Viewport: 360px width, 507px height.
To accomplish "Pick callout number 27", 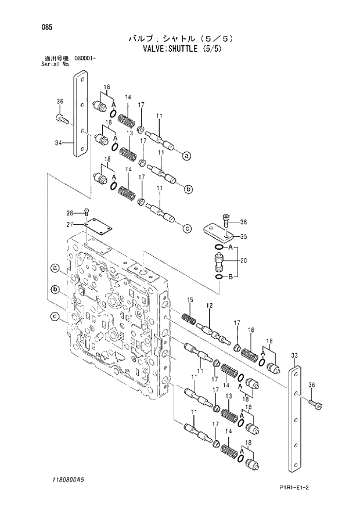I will click(69, 224).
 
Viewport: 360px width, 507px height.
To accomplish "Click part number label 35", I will click(243, 236).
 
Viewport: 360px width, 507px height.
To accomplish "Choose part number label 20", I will click(243, 260).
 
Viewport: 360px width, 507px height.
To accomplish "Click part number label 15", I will click(189, 299).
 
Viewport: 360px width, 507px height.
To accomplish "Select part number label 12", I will click(209, 305).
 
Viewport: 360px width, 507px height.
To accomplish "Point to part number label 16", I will click(251, 330).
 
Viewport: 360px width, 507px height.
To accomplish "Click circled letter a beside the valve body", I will click(55, 268).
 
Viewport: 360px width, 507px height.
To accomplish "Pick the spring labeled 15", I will click(189, 318).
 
